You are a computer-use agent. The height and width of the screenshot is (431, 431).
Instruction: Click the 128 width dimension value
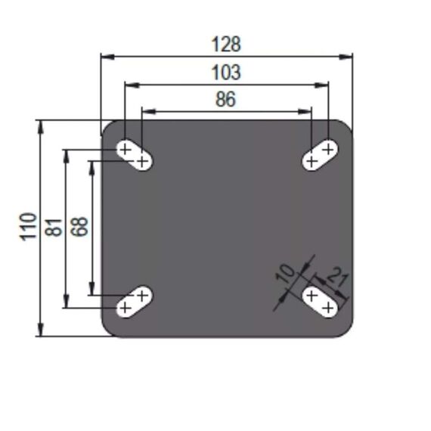pos(225,45)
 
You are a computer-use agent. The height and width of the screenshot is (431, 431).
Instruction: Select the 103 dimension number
pos(225,73)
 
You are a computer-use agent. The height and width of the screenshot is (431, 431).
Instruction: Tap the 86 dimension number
pos(225,100)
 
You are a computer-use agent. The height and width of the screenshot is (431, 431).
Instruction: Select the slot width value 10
pos(285,273)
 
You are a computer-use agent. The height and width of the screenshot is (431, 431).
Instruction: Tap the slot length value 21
pos(339,279)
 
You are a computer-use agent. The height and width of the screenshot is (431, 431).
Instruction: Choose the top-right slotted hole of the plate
pos(319,155)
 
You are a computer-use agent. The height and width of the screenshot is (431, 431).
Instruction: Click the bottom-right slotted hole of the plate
pos(319,301)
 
